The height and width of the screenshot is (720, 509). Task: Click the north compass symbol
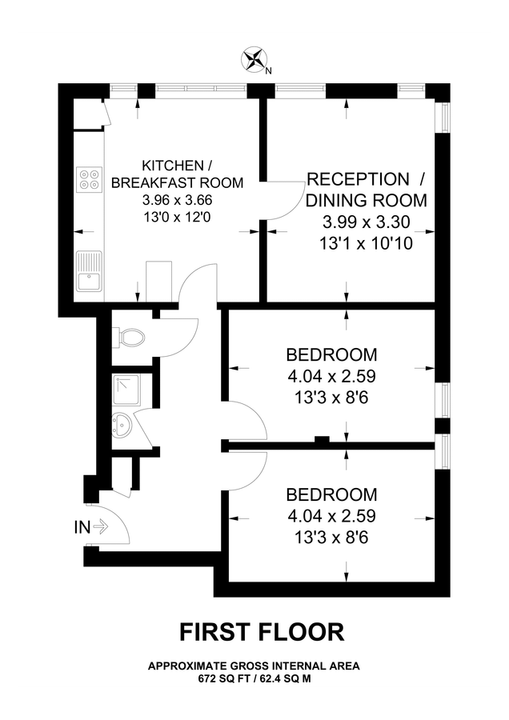(256, 58)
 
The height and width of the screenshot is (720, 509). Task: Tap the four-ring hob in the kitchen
(90, 178)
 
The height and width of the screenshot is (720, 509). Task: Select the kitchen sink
(88, 272)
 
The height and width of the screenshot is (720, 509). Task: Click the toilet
(128, 337)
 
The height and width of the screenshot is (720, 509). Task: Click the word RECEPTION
(358, 178)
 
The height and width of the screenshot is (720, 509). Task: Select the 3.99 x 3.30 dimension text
(360, 222)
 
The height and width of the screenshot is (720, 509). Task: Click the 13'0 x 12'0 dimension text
(178, 217)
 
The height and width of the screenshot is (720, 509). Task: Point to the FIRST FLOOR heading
(261, 632)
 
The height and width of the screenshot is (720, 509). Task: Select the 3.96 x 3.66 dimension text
(178, 200)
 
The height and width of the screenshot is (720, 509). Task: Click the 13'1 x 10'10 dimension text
(360, 243)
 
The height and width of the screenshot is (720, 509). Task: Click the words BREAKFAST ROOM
(177, 182)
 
